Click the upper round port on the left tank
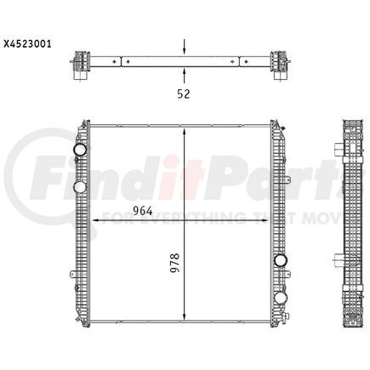click(x=80, y=151)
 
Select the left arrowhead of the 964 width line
click(x=94, y=221)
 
